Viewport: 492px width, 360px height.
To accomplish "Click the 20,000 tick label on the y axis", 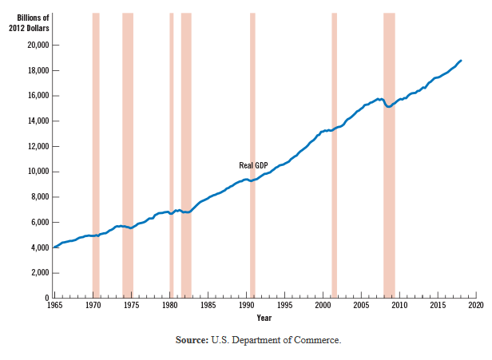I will click(37, 45).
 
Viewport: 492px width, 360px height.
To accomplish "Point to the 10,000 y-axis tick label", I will click(37, 172).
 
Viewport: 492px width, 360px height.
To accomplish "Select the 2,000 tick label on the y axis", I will click(39, 273).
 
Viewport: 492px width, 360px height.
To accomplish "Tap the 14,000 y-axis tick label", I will click(37, 121).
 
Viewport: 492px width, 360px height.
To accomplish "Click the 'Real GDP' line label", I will click(253, 165).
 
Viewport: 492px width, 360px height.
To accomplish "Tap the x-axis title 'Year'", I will click(264, 318).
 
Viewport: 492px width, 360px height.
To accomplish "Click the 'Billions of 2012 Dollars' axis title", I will click(29, 22).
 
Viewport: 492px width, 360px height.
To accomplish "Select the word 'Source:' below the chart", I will click(192, 340).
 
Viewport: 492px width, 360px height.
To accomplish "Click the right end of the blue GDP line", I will click(460, 61).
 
